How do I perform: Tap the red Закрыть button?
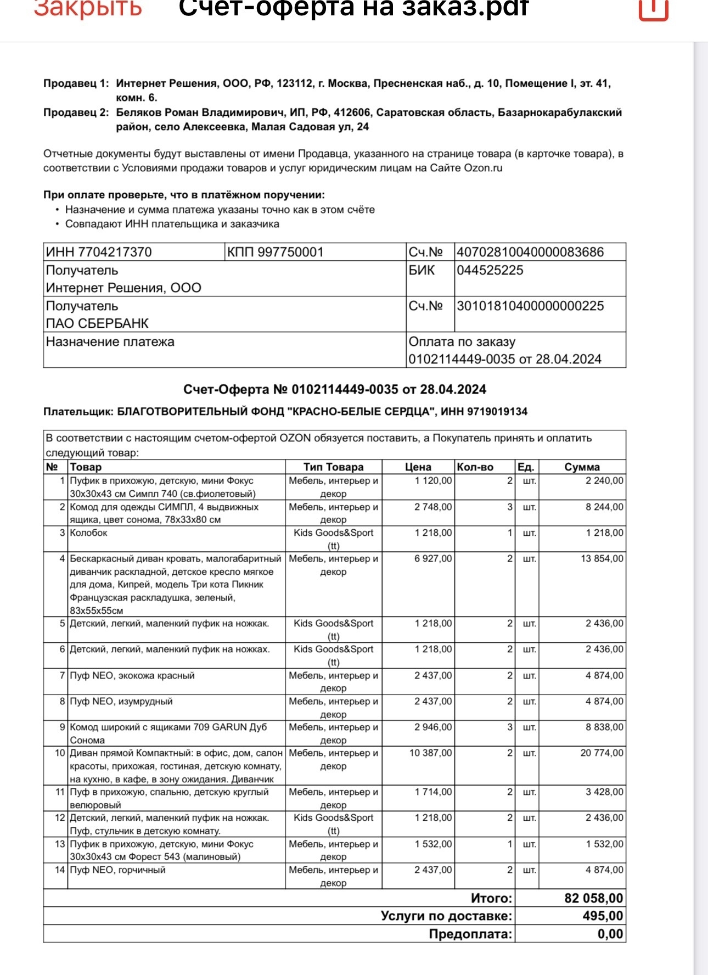pos(88,8)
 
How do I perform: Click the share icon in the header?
pos(653,8)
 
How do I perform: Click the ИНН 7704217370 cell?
pos(99,252)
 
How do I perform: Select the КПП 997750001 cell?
pos(275,252)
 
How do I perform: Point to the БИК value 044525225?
pos(490,270)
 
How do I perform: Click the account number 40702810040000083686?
pos(530,252)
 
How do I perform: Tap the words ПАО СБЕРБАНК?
pos(97,323)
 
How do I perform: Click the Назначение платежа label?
pos(110,341)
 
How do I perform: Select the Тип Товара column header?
pos(334,467)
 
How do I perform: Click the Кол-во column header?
pos(475,467)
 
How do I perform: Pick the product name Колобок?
pos(88,533)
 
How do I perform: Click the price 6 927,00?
pos(433,558)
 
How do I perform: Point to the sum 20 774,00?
pos(602,753)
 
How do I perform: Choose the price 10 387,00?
pos(430,753)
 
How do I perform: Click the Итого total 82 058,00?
pos(594,898)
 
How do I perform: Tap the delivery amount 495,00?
pos(603,916)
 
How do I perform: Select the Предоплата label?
pos(470,934)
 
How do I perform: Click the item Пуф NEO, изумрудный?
pos(121,701)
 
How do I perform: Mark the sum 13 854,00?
pos(602,558)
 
